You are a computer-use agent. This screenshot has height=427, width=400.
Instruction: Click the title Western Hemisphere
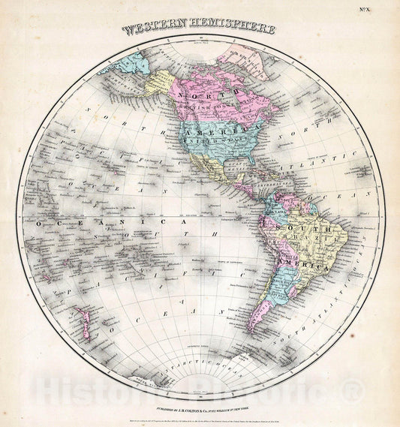pyautogui.click(x=199, y=31)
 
